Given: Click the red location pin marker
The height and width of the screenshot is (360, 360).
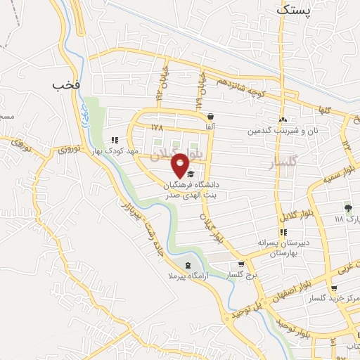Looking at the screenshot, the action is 181,165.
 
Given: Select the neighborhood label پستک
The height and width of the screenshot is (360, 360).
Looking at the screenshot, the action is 292,11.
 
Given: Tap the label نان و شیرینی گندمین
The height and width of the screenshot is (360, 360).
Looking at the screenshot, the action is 281,131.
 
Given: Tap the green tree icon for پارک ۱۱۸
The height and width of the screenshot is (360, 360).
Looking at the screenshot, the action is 347,207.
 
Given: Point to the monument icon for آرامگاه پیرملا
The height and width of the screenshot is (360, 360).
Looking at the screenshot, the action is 187,264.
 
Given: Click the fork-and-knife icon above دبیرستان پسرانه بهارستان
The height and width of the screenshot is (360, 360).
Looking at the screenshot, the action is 283,232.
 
